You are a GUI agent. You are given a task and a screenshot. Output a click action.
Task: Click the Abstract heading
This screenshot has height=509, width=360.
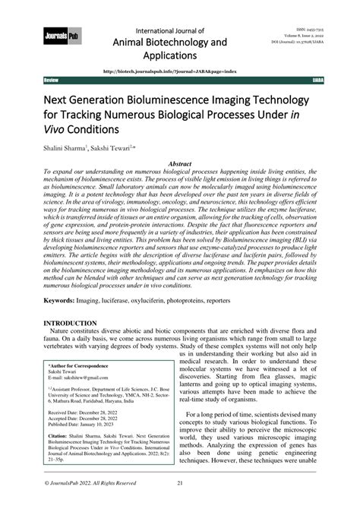tap(179, 163)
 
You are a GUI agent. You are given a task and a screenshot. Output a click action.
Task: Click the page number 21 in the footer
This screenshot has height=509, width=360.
tap(180, 503)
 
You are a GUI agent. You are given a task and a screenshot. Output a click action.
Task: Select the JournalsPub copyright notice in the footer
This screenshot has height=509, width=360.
tap(89, 503)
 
